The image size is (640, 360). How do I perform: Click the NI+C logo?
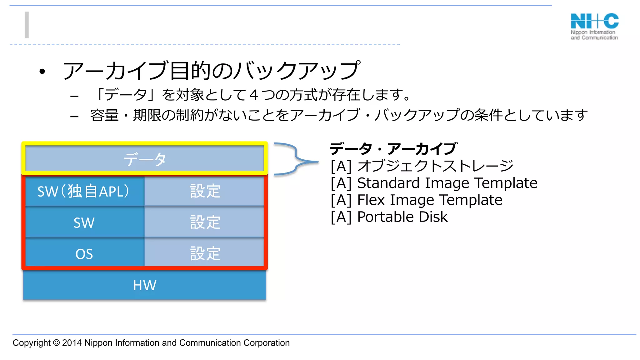pyautogui.click(x=594, y=26)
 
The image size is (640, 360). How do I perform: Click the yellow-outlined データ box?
pyautogui.click(x=144, y=159)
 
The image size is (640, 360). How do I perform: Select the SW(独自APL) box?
pyautogui.click(x=84, y=191)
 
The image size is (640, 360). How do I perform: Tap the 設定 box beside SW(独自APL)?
pyautogui.click(x=205, y=191)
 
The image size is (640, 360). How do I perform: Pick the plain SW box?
pyautogui.click(x=84, y=222)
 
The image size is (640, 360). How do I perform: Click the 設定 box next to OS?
pyautogui.click(x=205, y=253)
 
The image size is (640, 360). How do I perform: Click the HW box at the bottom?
pyautogui.click(x=144, y=285)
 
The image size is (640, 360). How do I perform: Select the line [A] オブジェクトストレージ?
pyautogui.click(x=422, y=166)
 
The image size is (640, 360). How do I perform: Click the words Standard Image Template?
pyautogui.click(x=447, y=183)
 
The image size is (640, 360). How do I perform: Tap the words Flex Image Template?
pyautogui.click(x=430, y=200)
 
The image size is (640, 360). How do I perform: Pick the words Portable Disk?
pyautogui.click(x=402, y=217)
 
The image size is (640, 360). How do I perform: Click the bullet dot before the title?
pyautogui.click(x=42, y=72)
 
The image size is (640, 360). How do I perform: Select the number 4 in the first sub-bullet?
pyautogui.click(x=254, y=95)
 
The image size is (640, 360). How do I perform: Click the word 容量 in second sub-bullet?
pyautogui.click(x=104, y=115)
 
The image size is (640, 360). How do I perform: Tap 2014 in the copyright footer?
pyautogui.click(x=72, y=343)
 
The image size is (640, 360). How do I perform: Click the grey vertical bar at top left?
pyautogui.click(x=27, y=25)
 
